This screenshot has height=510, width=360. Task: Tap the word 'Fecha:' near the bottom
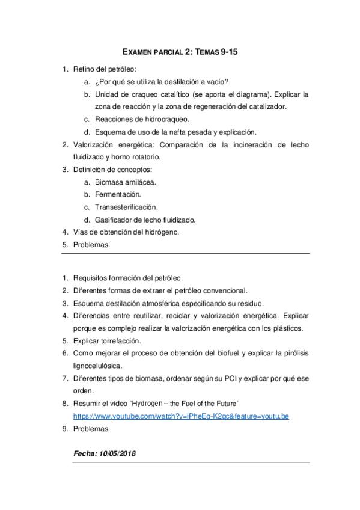[84, 453]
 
